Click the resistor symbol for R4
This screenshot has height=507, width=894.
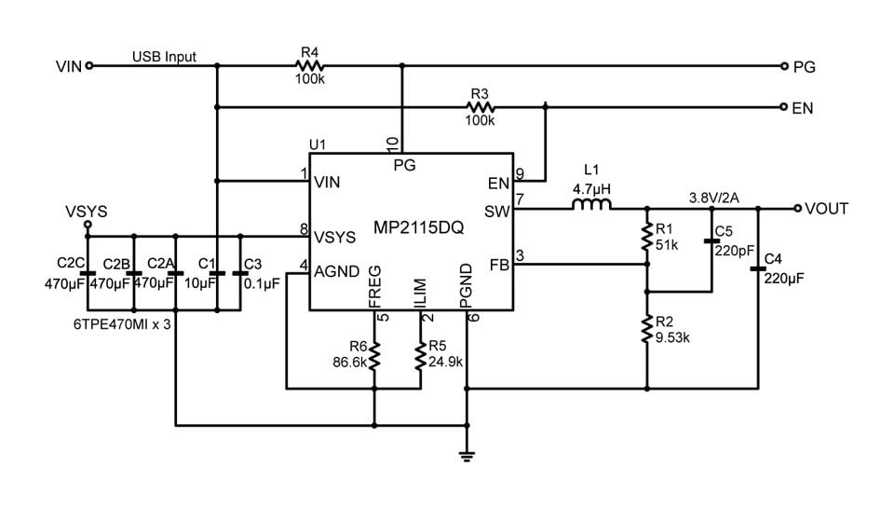click(308, 66)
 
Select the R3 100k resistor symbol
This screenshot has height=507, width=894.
click(481, 107)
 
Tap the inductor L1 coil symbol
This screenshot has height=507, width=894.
click(589, 204)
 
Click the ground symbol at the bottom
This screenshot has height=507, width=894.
click(467, 457)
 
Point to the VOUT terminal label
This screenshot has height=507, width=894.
click(826, 209)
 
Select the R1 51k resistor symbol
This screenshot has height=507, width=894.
click(646, 238)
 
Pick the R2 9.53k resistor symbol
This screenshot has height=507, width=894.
click(646, 328)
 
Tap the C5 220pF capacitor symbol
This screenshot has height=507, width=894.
click(711, 240)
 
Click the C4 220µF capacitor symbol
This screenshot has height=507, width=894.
click(757, 270)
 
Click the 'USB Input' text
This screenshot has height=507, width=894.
click(165, 57)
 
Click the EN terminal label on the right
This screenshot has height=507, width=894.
click(802, 108)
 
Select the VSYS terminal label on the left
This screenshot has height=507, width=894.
click(86, 212)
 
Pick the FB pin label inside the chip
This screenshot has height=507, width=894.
click(499, 265)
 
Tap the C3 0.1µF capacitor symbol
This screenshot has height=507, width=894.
click(240, 272)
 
